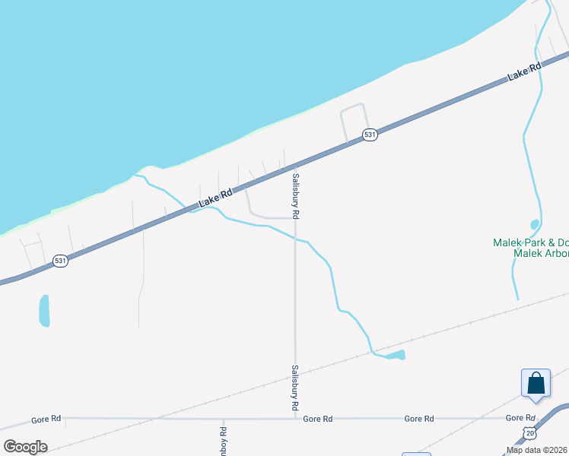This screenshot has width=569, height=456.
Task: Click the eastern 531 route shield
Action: pos(370,135)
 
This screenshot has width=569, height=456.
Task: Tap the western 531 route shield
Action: pos(61,261)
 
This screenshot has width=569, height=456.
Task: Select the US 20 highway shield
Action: pos(529,432)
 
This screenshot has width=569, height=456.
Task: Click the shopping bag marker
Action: pos(536,382)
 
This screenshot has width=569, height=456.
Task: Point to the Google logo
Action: pos(25,447)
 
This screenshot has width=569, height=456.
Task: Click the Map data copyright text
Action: pos(537,450)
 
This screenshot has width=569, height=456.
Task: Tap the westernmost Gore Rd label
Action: pos(46,419)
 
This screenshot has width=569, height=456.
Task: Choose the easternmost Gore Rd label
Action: pos(520,418)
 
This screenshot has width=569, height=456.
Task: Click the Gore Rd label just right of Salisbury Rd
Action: pos(318,419)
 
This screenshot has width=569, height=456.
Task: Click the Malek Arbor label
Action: pos(541,255)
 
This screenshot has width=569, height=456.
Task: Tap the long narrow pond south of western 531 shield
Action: pos(44,310)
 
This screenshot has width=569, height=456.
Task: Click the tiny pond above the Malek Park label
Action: pos(535,224)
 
